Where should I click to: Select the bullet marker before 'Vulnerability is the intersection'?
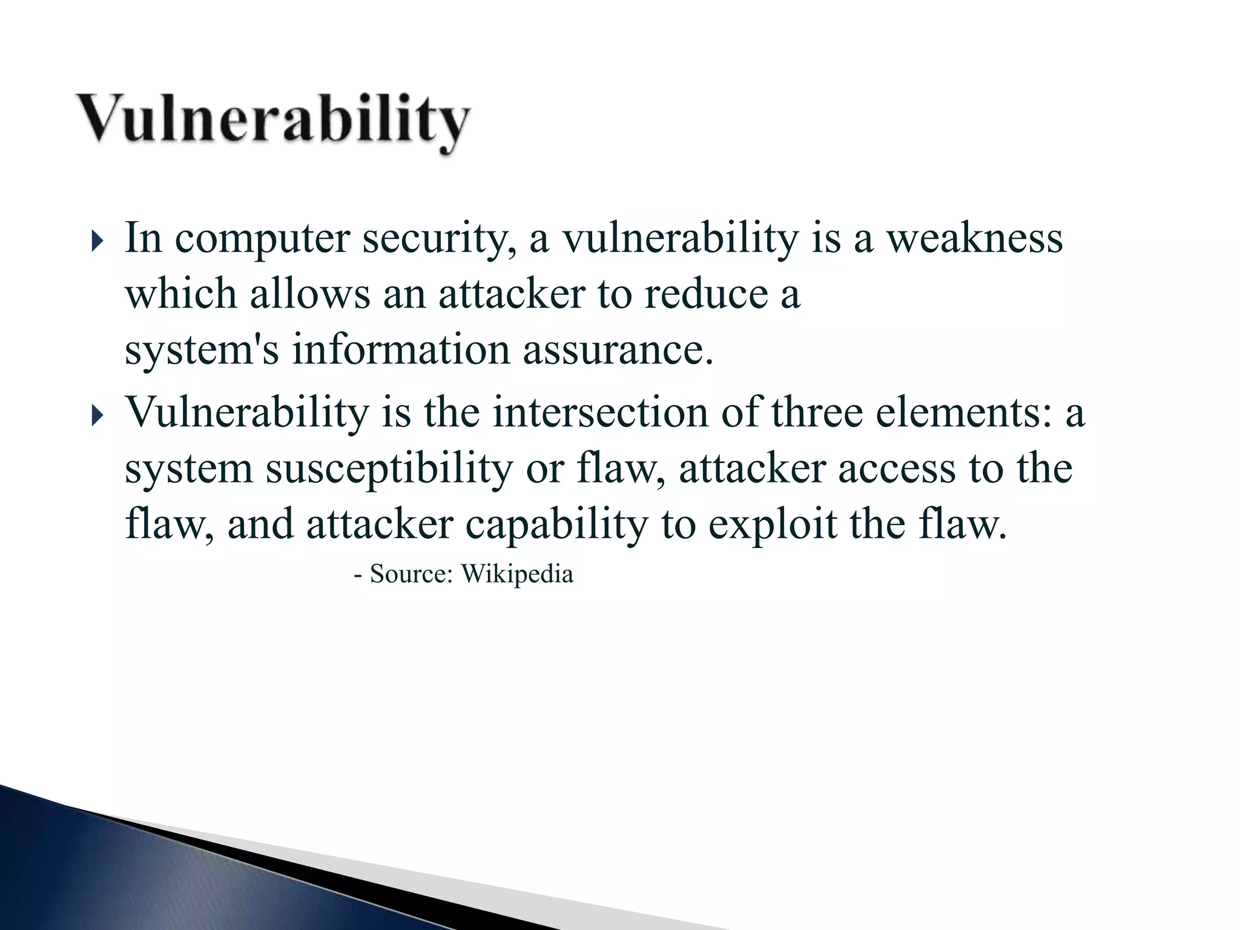(x=97, y=417)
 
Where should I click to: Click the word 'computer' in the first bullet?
(x=262, y=239)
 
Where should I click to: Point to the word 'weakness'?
(x=975, y=238)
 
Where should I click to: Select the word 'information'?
(x=401, y=350)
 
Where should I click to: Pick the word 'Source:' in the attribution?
(x=411, y=573)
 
